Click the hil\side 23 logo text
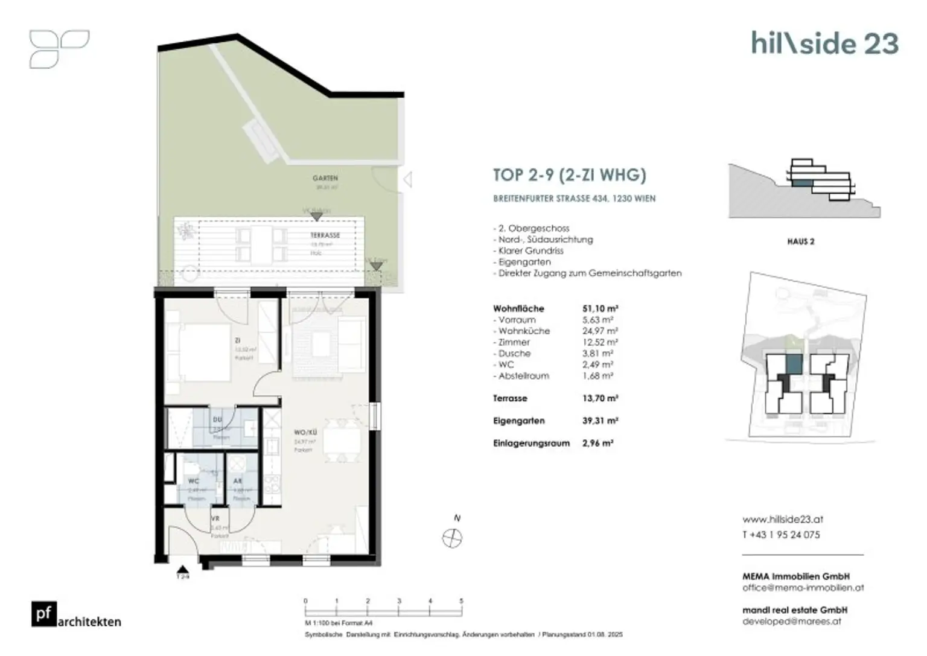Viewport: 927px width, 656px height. point(824,43)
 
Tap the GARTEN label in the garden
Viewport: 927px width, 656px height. point(325,178)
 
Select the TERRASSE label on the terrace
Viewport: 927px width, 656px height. point(325,235)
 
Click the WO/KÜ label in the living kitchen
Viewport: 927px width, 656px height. point(305,432)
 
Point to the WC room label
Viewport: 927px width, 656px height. point(193,481)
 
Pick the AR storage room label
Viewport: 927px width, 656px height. point(238,481)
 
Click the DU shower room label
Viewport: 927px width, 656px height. point(217,419)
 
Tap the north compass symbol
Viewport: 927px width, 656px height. point(452,538)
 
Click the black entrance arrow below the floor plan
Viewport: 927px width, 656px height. point(183,569)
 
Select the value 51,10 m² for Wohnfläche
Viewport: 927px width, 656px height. point(600,308)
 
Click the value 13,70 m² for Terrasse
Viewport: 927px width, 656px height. point(600,398)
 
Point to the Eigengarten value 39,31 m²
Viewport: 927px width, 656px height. point(600,421)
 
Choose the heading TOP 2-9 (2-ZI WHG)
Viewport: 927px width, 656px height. point(569,175)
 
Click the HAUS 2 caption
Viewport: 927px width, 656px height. point(800,241)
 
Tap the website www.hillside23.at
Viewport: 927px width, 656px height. point(783,519)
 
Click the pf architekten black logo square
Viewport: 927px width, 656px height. point(44,614)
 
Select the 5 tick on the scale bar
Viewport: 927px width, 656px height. point(462,601)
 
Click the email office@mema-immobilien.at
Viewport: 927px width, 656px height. point(803,587)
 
